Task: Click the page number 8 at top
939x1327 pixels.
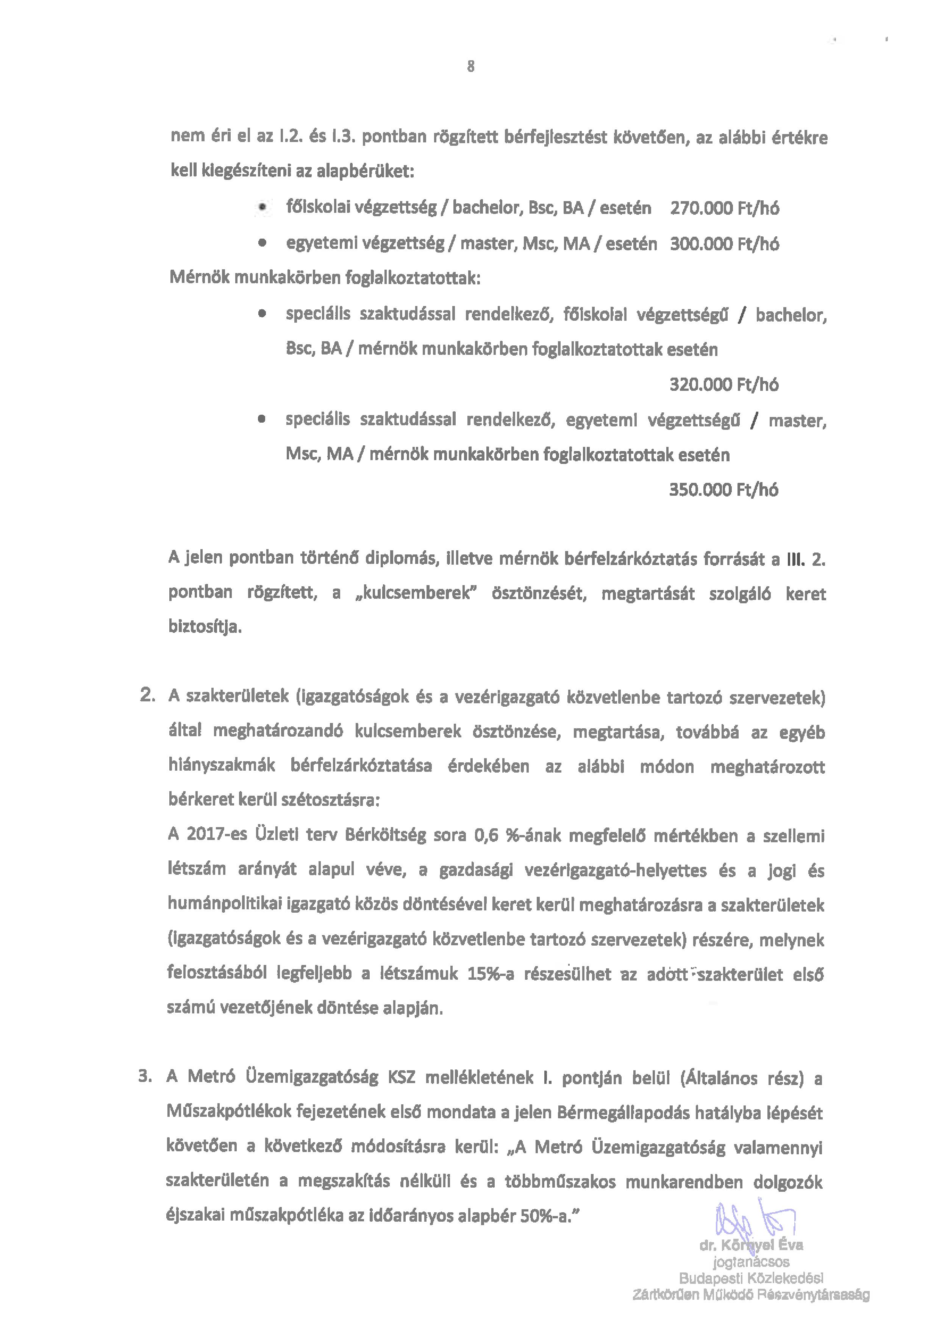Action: click(471, 67)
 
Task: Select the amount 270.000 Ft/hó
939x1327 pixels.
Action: click(724, 208)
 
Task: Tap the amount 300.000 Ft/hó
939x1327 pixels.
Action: click(724, 244)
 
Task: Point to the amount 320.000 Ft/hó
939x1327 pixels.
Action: click(723, 385)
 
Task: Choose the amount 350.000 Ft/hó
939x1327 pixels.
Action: click(723, 490)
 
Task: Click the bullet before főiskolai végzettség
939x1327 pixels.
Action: click(263, 208)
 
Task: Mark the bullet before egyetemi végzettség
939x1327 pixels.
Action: click(263, 244)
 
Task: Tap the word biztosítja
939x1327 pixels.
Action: click(205, 627)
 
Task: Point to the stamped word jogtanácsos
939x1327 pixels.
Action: click(752, 1262)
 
